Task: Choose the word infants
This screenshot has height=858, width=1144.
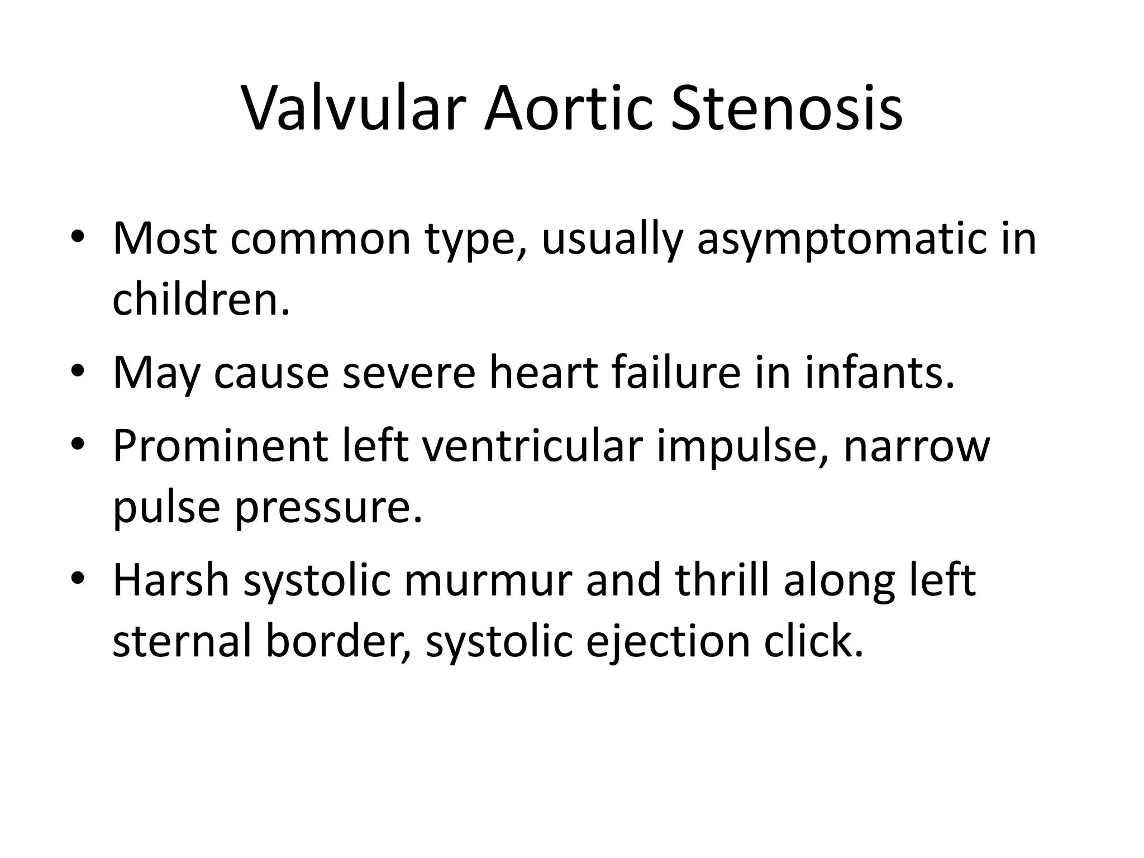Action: [879, 372]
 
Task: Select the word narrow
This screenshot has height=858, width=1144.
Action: [916, 446]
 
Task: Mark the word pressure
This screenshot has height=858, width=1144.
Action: [328, 508]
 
